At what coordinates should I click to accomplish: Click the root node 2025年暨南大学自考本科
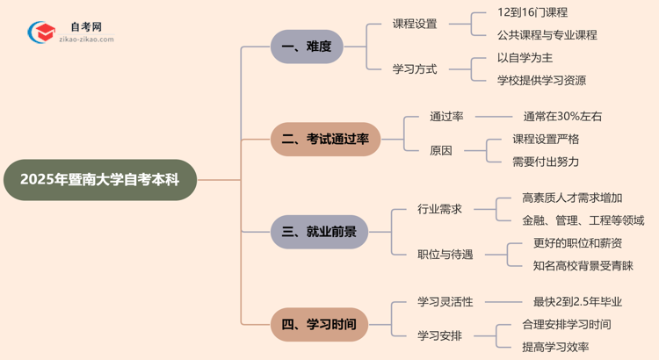(99, 180)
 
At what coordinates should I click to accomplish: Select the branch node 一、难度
(307, 47)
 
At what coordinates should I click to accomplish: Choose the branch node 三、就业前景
(319, 232)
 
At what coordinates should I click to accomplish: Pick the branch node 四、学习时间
(319, 325)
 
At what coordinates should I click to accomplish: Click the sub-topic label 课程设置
(415, 24)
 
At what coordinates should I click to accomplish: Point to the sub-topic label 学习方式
(415, 68)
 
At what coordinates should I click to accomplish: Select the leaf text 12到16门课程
(532, 12)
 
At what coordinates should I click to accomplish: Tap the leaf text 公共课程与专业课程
(547, 35)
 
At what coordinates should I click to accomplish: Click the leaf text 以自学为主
(525, 58)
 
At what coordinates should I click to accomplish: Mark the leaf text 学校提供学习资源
(541, 81)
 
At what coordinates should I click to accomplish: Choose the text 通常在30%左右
(562, 116)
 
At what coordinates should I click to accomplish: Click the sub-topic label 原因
(441, 150)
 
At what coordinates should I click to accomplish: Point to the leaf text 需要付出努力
(546, 162)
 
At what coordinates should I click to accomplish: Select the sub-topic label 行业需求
(439, 209)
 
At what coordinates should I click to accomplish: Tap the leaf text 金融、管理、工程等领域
(583, 220)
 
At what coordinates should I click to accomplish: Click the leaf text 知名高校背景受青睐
(583, 265)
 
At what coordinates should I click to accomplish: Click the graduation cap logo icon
(40, 33)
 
